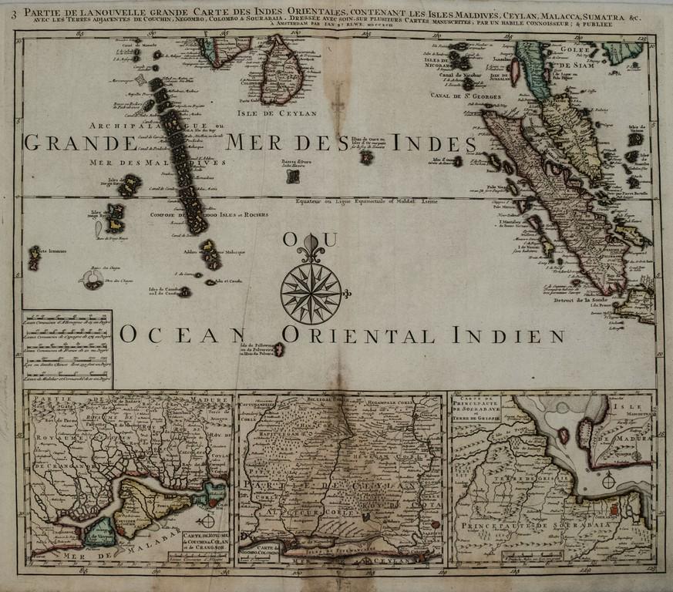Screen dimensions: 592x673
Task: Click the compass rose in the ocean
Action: [310, 293]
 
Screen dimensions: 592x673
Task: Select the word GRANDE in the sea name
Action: [79, 143]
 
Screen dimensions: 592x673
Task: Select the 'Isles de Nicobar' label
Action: [441, 61]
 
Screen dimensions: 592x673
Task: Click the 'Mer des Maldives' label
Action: [157, 163]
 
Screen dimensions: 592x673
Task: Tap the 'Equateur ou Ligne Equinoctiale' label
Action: [366, 201]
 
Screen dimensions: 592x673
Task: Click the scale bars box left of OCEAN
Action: [67, 348]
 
